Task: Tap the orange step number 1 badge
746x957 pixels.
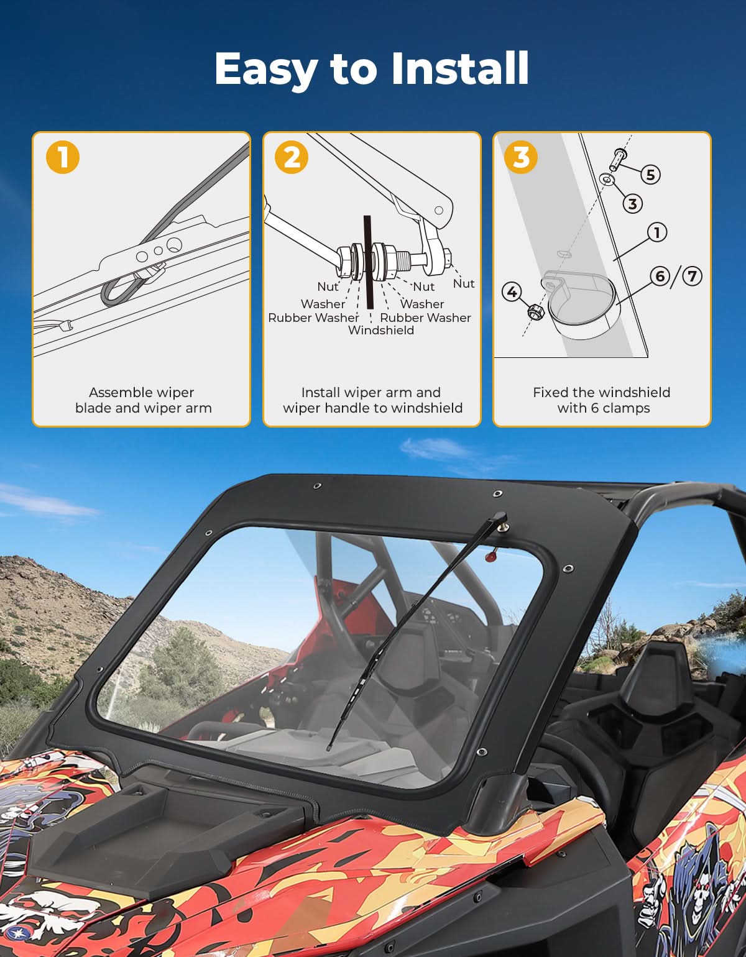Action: tap(63, 157)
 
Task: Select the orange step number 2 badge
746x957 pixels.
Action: tap(292, 157)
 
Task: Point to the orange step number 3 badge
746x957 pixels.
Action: tap(522, 157)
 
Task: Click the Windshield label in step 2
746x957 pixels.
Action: tap(380, 331)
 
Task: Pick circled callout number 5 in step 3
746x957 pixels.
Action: tap(650, 175)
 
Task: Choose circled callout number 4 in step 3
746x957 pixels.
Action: tap(512, 290)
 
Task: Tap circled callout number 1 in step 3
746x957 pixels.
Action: tap(656, 232)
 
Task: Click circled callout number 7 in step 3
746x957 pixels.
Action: tap(692, 275)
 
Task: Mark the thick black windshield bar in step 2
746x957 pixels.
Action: tap(368, 261)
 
